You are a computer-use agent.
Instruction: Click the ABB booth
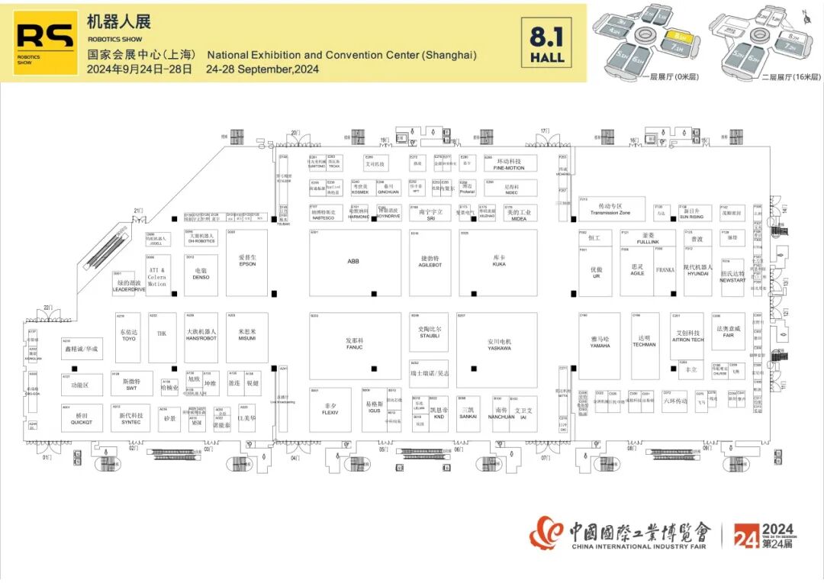353,262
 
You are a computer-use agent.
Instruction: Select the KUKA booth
499,262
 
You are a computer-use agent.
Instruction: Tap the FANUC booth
354,345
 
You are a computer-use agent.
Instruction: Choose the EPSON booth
247,262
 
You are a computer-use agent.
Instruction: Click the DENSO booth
201,274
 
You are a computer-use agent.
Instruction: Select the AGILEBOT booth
430,262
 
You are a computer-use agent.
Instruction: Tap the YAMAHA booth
600,342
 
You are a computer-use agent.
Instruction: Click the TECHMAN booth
645,342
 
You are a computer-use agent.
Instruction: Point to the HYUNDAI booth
697,271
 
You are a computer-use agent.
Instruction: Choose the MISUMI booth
247,336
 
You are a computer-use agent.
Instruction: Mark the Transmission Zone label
610,210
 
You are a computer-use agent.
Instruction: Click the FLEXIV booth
330,409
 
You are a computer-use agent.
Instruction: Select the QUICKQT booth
82,418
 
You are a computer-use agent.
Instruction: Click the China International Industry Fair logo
620,533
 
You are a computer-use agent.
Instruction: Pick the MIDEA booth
519,215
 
